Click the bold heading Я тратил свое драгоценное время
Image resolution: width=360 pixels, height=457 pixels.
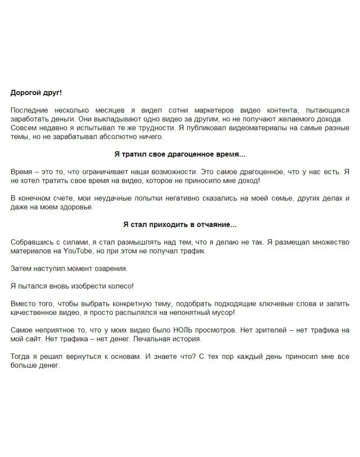click(x=180, y=154)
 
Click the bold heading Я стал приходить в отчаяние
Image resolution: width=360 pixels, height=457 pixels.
click(x=180, y=225)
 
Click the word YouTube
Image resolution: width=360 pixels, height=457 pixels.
click(x=78, y=251)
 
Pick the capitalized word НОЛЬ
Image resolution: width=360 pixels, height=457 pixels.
click(x=184, y=330)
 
